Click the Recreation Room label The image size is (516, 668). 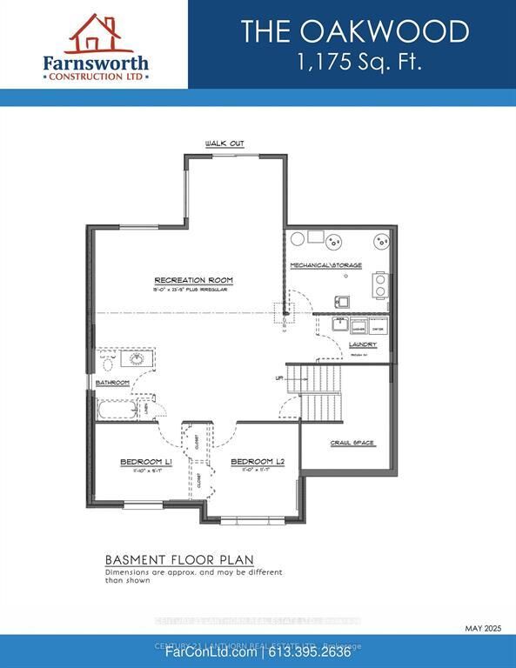[x=193, y=280]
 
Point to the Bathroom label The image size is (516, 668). [x=112, y=383]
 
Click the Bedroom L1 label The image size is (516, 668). [x=145, y=463]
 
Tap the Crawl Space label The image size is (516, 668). [x=352, y=443]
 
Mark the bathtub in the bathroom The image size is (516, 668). [x=117, y=410]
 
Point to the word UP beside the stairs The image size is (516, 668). [x=278, y=378]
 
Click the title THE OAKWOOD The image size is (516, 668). [x=354, y=32]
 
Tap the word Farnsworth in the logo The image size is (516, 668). [x=97, y=63]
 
